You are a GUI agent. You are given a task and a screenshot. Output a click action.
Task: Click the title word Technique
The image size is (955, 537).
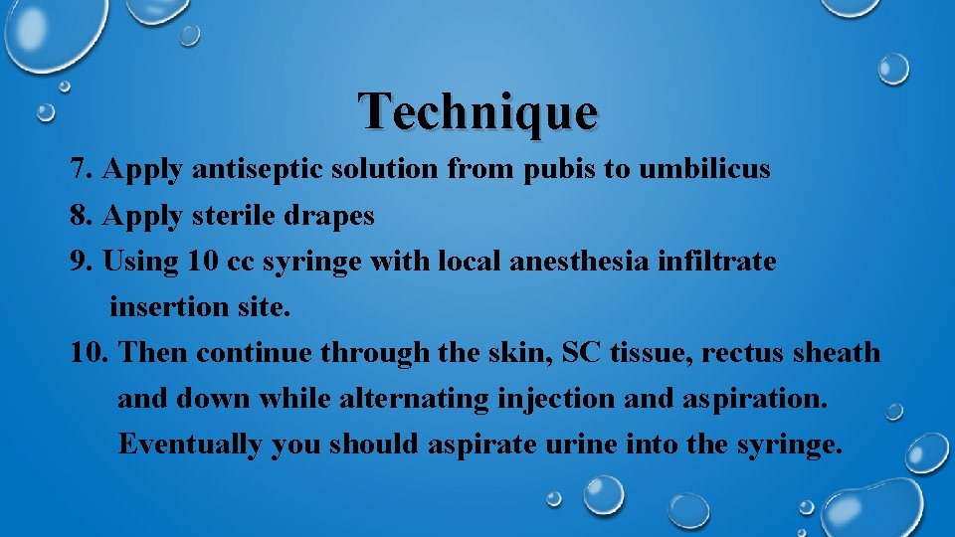pos(478,110)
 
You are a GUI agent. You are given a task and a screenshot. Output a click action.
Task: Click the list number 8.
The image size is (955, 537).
pos(83,215)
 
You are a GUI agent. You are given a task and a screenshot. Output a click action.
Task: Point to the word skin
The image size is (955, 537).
pos(517,352)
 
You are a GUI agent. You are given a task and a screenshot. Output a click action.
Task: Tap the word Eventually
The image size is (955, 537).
pos(190,445)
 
